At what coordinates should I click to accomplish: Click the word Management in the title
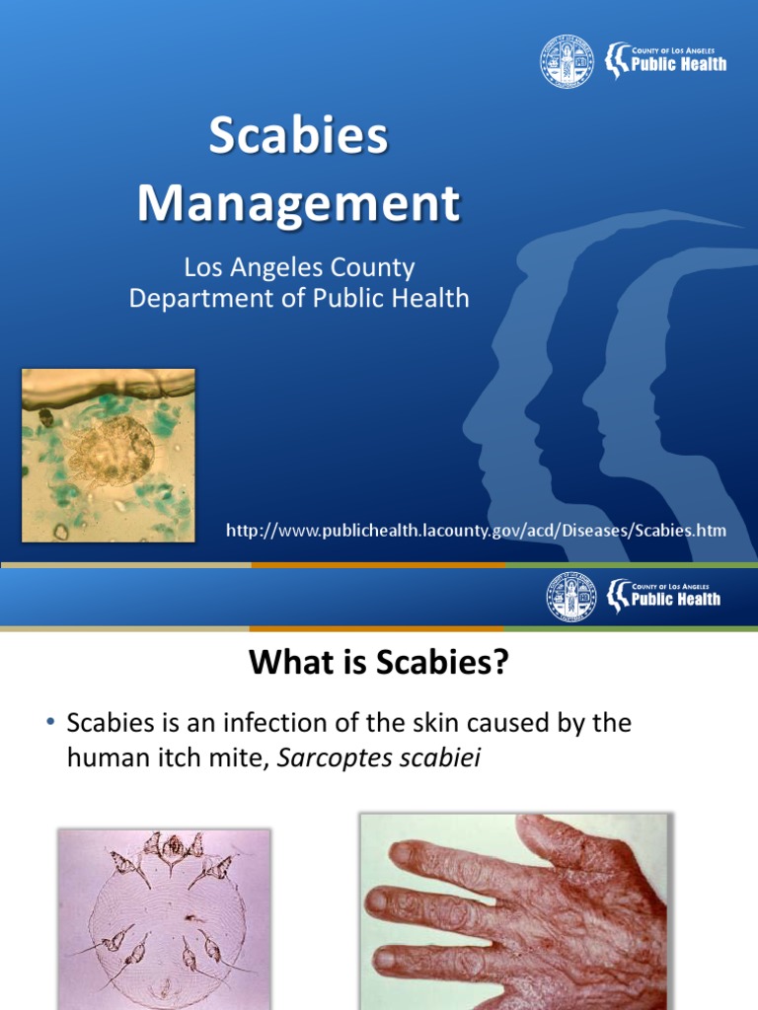click(x=298, y=204)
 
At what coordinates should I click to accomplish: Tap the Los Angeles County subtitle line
click(x=299, y=267)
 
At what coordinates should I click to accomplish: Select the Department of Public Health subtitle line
click(x=299, y=297)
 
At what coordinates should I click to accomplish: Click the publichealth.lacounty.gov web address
click(x=476, y=531)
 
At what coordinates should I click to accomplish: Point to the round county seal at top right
click(x=567, y=61)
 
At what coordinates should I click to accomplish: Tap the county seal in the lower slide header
click(x=572, y=598)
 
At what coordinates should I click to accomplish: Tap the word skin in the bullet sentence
click(x=439, y=723)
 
